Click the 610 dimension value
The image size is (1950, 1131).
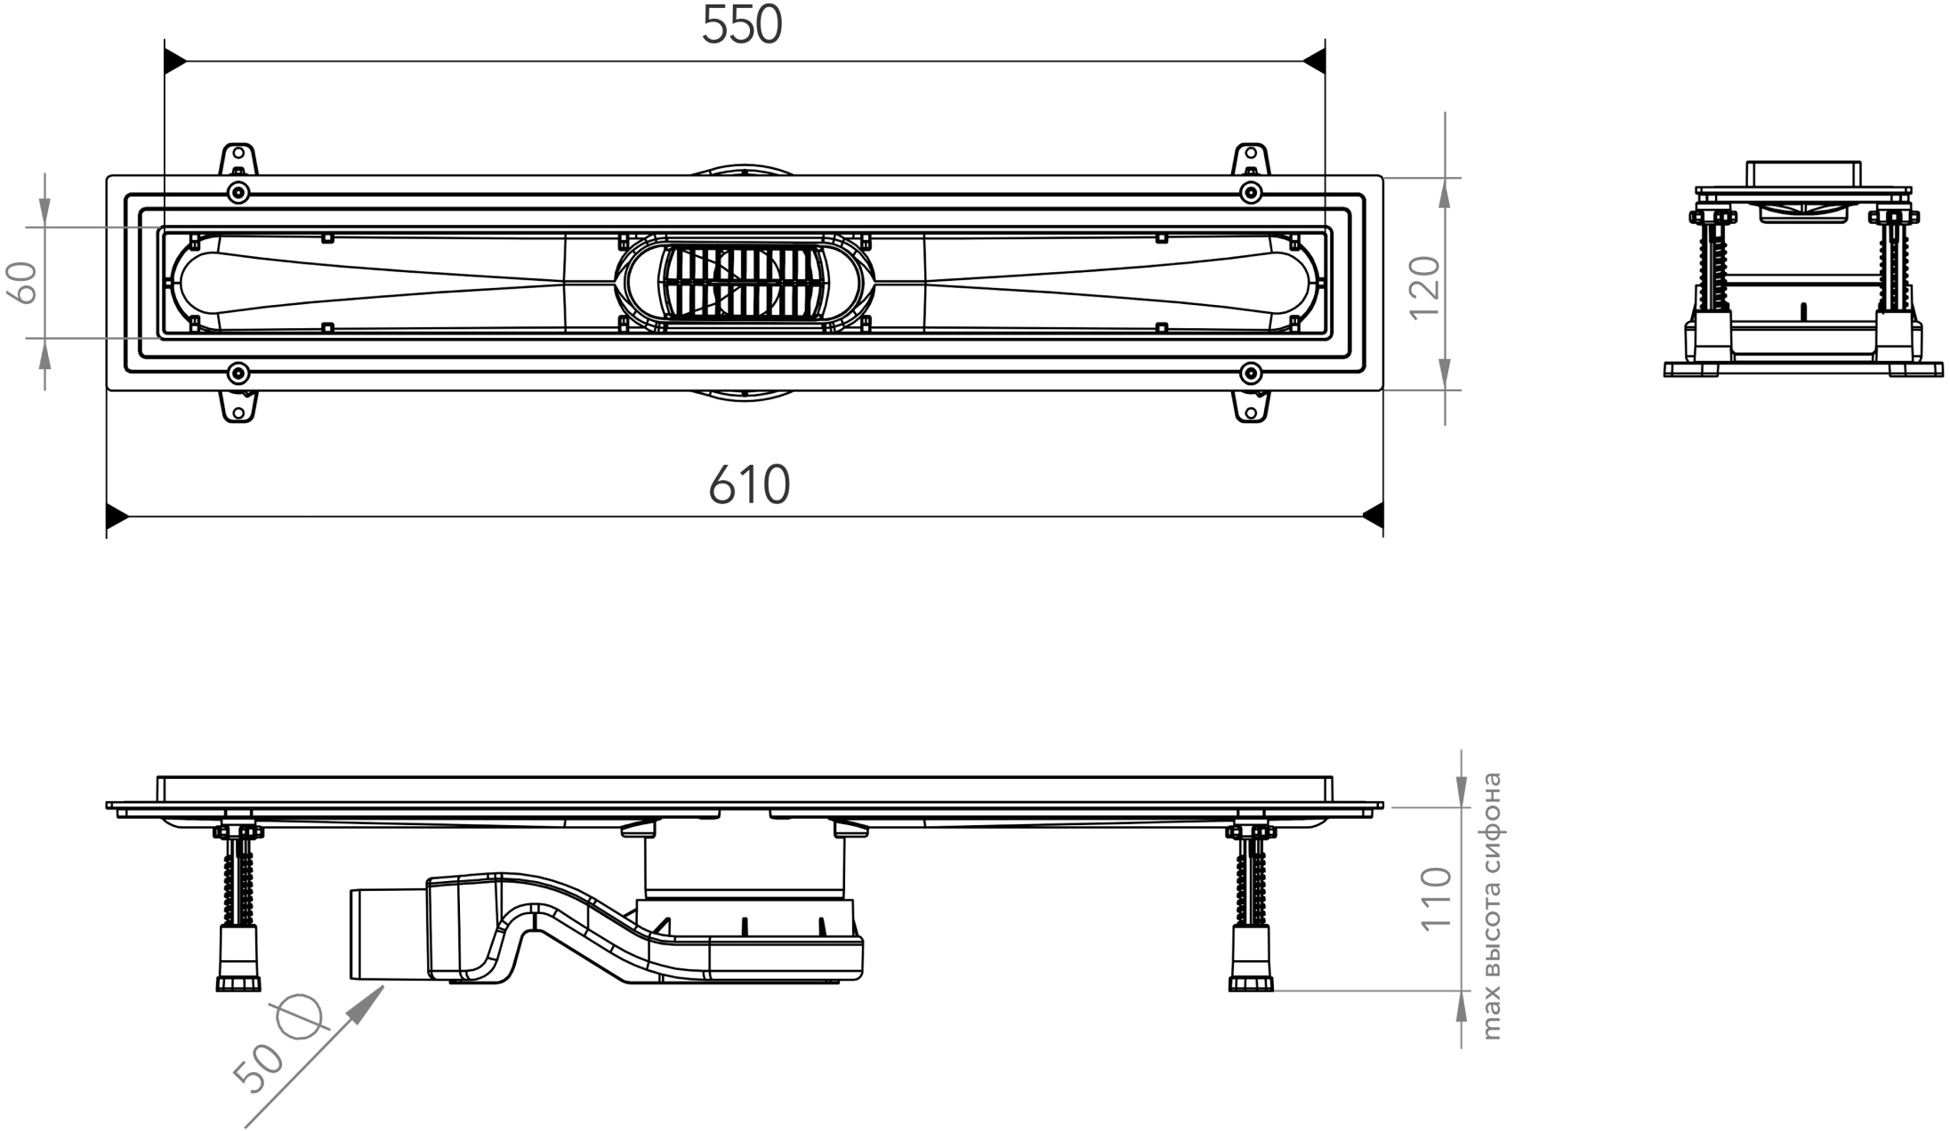click(749, 485)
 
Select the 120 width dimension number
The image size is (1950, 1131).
click(1425, 286)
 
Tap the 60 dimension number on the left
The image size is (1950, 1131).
click(24, 283)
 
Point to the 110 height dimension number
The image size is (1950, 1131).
click(1436, 899)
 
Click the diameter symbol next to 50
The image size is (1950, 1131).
click(299, 1015)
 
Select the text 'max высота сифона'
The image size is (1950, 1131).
click(1492, 905)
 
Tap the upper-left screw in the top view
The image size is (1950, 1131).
click(238, 192)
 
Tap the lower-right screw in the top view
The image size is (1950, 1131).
click(1250, 373)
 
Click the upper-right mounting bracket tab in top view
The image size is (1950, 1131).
click(1250, 159)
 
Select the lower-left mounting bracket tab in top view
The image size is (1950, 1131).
click(238, 406)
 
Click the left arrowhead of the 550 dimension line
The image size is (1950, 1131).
click(175, 61)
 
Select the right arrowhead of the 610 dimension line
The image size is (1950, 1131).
click(1372, 515)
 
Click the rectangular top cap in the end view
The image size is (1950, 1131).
click(1802, 174)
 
